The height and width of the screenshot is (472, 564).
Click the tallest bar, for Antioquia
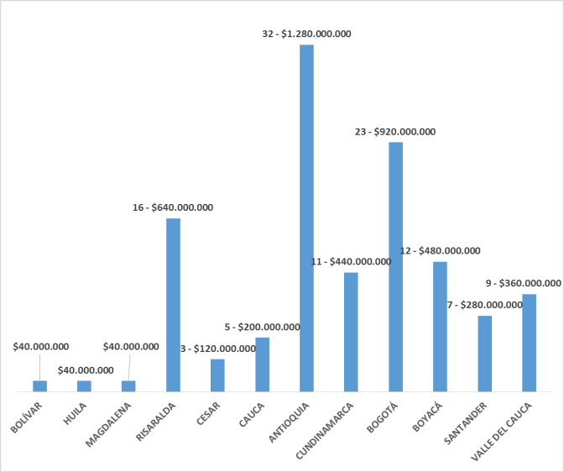pos(306,218)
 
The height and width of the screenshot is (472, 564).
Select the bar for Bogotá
pos(395,266)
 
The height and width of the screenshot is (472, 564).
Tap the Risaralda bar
pos(173,305)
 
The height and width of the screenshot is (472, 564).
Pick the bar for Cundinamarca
pos(351,332)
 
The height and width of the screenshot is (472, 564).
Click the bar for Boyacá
pos(440,327)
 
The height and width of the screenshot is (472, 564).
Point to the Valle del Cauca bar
pos(529,343)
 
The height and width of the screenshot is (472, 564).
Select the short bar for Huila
pos(84,386)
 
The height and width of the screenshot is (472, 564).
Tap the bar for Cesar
pos(217,375)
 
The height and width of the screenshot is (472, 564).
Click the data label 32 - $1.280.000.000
pos(306,34)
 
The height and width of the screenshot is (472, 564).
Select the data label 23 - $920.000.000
pos(395,132)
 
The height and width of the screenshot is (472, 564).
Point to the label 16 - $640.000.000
pos(173,207)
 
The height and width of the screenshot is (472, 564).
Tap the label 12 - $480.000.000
pos(440,250)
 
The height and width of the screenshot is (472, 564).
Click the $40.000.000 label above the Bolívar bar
pos(41,346)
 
